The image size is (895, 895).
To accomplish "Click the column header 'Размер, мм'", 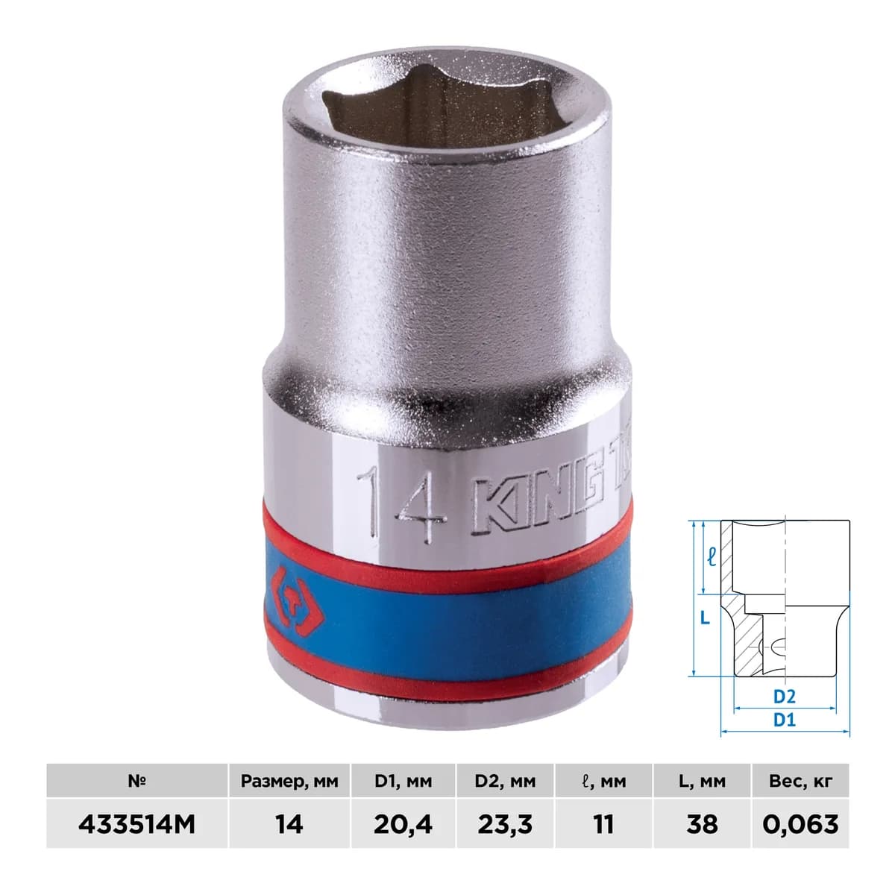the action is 289,782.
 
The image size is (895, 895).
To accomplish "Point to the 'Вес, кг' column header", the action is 801,782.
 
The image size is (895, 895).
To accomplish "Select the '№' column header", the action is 137,781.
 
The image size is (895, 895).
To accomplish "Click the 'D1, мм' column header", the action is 403,782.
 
